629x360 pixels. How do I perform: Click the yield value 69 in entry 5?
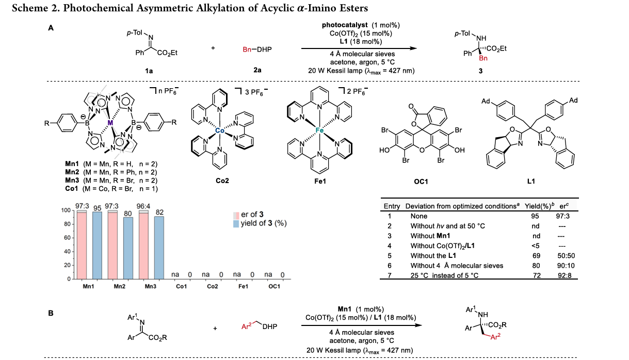click(x=536, y=256)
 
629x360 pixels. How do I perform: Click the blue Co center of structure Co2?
click(x=220, y=131)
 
